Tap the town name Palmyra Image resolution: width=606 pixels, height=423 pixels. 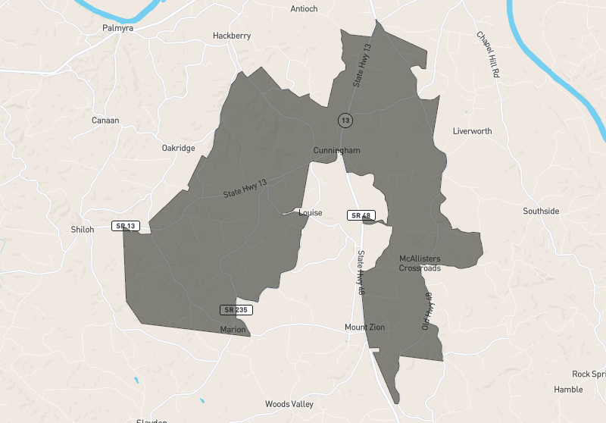[x=118, y=28]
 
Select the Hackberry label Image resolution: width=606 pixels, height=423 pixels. [x=231, y=36]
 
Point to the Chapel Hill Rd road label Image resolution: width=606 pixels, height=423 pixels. [x=488, y=55]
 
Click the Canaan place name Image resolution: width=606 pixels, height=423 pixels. [x=105, y=121]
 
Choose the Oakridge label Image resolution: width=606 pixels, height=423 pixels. [x=178, y=149]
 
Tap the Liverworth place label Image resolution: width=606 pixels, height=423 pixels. [x=472, y=131]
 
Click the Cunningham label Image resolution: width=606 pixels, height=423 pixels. [x=336, y=151]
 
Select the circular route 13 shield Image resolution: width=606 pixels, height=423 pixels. [x=345, y=120]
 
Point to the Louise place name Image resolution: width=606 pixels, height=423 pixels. [x=311, y=213]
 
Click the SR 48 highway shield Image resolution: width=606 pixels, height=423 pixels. [x=358, y=215]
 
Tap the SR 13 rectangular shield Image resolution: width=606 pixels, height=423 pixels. [x=125, y=226]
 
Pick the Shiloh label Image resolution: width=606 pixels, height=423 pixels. [x=82, y=230]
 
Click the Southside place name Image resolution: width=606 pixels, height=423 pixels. [x=541, y=211]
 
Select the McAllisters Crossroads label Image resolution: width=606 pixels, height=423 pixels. [x=420, y=263]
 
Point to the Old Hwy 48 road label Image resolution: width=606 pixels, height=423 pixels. [x=426, y=311]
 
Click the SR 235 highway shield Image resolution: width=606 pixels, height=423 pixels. [x=236, y=309]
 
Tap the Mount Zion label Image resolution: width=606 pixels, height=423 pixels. [x=364, y=327]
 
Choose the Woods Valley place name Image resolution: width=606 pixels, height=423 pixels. [x=288, y=404]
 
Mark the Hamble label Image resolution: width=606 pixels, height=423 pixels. [x=568, y=390]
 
